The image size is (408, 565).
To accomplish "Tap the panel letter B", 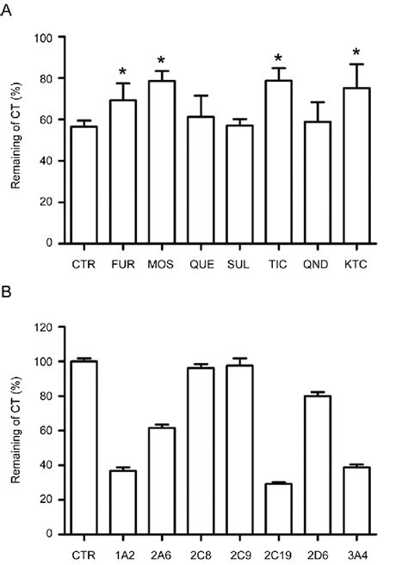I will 9,295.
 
